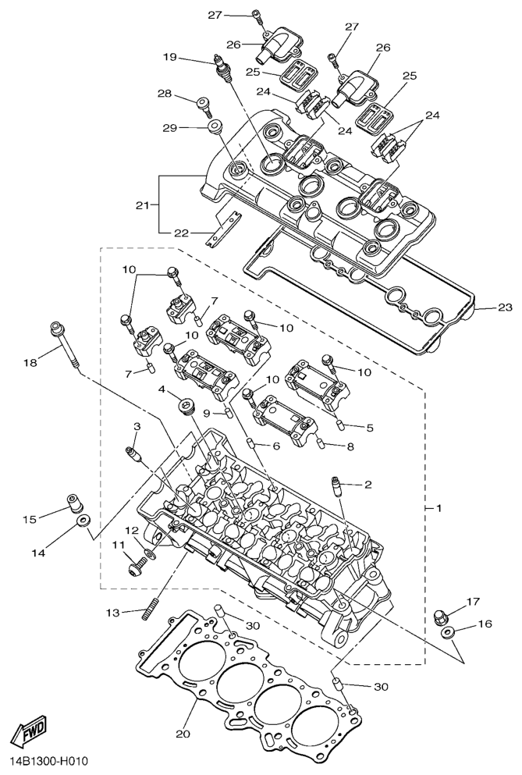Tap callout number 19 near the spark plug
pos(170,57)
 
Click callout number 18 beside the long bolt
pos(30,362)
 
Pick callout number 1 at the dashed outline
pos(438,508)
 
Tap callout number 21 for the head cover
pos(141,205)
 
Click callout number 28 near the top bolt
pos(165,94)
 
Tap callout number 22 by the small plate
pos(181,233)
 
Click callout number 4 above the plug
pos(162,389)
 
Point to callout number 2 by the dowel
pos(368,485)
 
